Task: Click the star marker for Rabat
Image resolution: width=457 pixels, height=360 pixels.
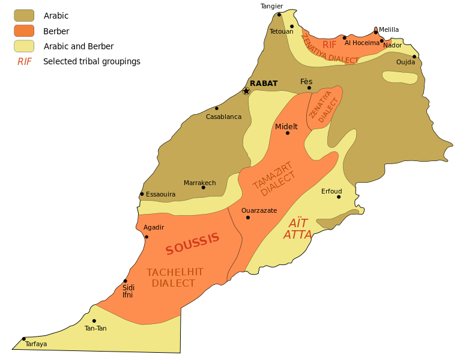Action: pos(246,91)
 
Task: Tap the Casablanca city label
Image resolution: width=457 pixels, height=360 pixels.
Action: pos(223,117)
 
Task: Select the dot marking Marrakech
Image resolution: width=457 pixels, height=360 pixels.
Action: pos(203,188)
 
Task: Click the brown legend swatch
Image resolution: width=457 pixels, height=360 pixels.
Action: pos(24,15)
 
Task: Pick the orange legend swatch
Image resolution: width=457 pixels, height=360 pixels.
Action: pos(24,31)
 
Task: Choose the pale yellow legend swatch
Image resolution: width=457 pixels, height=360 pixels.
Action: pos(24,46)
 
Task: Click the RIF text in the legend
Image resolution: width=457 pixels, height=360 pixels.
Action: pos(25,61)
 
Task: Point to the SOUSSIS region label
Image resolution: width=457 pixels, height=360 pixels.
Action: pos(193,243)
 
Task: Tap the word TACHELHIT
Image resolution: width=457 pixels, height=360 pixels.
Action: pos(175,272)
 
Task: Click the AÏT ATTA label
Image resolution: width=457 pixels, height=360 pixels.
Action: pos(298,229)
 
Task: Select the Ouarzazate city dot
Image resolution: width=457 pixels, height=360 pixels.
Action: pos(247,218)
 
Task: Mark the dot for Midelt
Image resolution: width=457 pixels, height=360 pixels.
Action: pos(288,133)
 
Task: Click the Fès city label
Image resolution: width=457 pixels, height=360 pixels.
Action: pos(306,82)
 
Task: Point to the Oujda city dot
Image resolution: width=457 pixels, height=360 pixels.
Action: pos(414,56)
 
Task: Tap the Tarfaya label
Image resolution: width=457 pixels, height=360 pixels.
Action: pos(36,344)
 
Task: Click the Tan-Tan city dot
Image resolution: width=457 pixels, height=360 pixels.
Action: pos(94,321)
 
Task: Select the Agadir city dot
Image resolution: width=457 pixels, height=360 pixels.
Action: pos(147,237)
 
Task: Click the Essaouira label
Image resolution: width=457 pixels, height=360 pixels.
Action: pos(161,194)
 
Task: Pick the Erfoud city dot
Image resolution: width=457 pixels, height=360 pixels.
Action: pos(339,197)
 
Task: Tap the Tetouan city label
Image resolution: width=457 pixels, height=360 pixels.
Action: pos(281,31)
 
